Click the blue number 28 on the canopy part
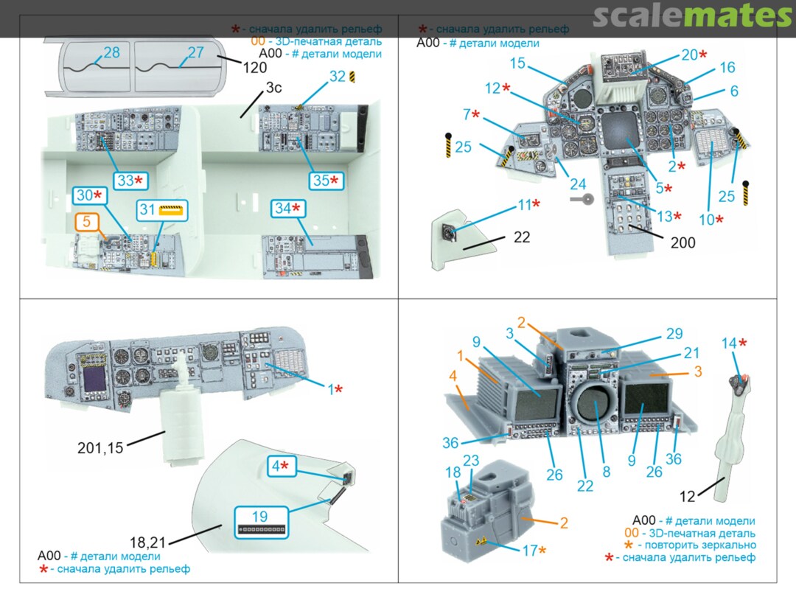click(x=112, y=53)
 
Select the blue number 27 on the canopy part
click(x=195, y=53)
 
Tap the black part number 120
click(x=254, y=66)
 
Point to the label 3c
click(x=273, y=88)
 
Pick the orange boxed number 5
click(x=86, y=220)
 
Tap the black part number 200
click(x=682, y=242)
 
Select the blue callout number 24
click(x=578, y=184)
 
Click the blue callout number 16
click(x=727, y=68)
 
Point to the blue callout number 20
click(x=689, y=55)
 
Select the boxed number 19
click(x=260, y=517)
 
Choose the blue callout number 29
click(x=674, y=334)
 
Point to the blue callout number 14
click(x=729, y=343)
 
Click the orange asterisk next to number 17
click(x=544, y=550)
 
